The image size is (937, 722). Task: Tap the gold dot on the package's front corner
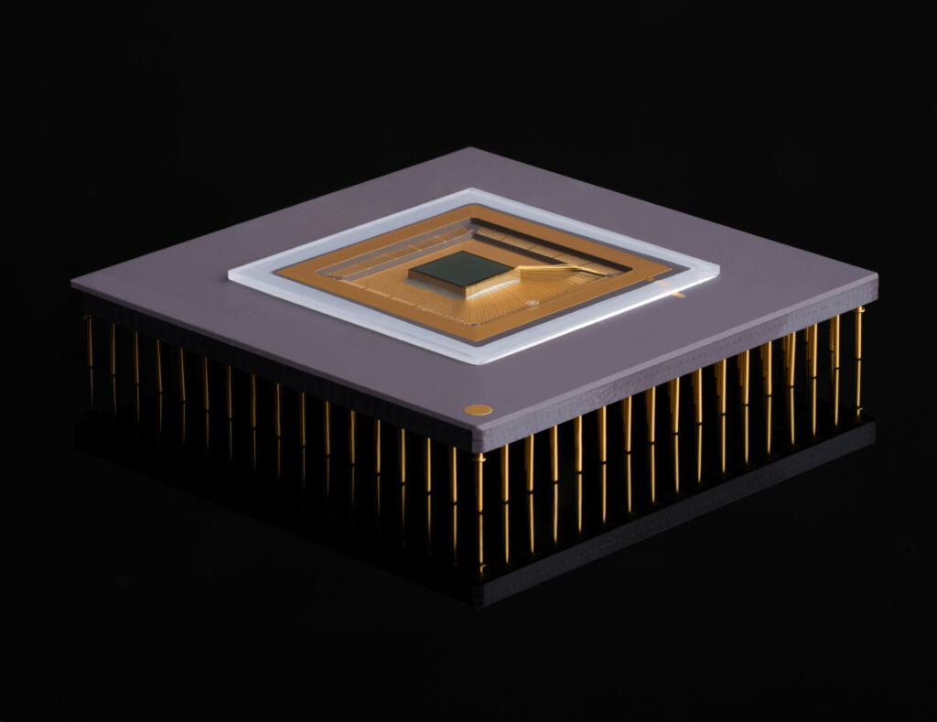[478, 410]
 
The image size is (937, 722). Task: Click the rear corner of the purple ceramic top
[473, 149]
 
